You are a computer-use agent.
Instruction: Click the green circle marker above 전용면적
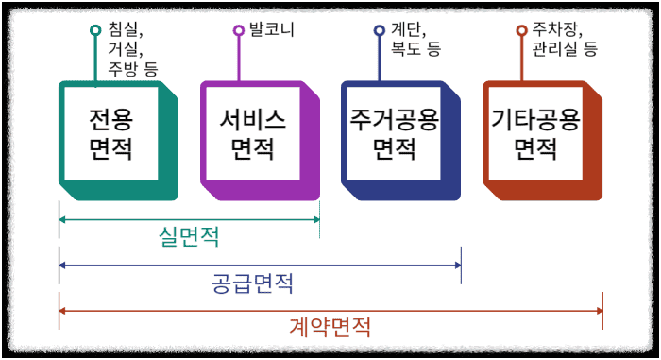coord(95,30)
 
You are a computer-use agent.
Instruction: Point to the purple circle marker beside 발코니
coord(238,30)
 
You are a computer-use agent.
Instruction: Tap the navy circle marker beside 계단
coord(379,30)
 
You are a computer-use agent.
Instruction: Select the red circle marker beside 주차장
coord(521,30)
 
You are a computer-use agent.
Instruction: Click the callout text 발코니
coord(271,29)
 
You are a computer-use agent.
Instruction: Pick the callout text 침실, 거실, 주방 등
coord(133,47)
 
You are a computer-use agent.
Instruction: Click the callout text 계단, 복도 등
coord(415,39)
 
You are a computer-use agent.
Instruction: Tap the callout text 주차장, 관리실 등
coord(564,39)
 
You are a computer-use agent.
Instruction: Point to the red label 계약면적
coord(330,327)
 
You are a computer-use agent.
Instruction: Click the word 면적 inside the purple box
coord(252,149)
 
